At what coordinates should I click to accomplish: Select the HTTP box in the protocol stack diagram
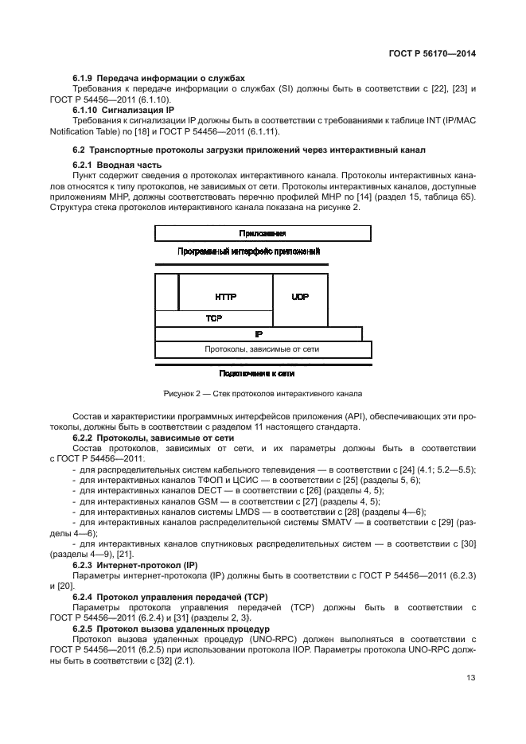click(x=226, y=296)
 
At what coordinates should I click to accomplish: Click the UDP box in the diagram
click(x=300, y=296)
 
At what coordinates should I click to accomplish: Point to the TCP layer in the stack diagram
click(x=214, y=317)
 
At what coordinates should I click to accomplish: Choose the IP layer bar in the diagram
click(x=259, y=333)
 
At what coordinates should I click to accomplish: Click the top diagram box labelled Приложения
click(x=263, y=234)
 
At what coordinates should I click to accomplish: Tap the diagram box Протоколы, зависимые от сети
click(x=263, y=349)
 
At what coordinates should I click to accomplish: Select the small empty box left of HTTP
click(x=166, y=291)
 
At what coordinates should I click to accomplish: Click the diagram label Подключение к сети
click(x=263, y=372)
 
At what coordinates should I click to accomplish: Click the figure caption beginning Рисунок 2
click(x=263, y=393)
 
